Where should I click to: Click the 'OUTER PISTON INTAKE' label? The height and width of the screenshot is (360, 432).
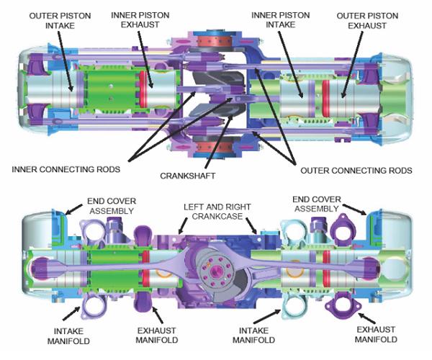point(60,21)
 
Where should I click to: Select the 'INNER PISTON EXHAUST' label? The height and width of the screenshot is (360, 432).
point(140,20)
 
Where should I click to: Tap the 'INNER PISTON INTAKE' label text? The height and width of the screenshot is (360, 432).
point(281,20)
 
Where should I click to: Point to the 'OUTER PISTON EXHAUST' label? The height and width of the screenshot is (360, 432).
point(367,21)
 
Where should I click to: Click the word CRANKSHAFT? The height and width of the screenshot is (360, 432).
point(188,176)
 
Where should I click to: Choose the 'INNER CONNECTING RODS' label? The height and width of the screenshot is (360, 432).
point(66,169)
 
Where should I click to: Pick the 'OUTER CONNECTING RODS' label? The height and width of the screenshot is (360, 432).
point(356,171)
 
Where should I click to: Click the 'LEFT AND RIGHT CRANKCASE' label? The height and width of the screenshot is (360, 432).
point(217,211)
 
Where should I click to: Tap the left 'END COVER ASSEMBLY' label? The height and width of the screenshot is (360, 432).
point(112,206)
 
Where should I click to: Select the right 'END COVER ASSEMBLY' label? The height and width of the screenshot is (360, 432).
point(317,204)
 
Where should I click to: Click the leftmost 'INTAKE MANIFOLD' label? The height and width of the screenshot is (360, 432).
point(68,336)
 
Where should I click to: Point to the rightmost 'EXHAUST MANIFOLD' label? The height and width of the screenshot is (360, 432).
point(376,334)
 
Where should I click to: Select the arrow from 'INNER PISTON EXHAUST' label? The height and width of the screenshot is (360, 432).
point(145,60)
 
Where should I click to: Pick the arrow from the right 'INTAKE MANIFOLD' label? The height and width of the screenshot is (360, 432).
point(266,317)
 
